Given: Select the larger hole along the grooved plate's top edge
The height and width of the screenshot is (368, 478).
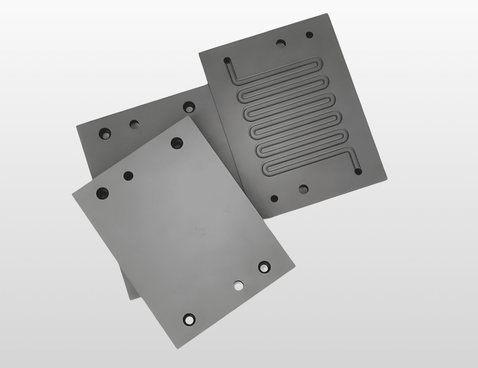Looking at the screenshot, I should [282, 43].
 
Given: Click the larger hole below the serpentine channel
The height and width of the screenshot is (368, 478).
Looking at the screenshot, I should [303, 190].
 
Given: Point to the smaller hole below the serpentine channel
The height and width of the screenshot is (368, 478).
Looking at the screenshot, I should [274, 199].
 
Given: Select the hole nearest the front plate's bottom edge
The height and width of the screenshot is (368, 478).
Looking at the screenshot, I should [189, 319].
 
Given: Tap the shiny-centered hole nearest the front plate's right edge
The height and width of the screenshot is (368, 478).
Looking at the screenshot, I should [264, 267].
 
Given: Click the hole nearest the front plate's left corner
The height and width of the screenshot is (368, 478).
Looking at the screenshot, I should [102, 192].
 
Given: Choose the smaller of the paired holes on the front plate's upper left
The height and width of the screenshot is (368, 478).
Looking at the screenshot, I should [128, 176].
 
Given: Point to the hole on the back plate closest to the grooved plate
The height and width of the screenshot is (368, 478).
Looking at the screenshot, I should [190, 107].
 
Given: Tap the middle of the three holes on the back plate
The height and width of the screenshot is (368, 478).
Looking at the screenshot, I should [134, 124].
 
